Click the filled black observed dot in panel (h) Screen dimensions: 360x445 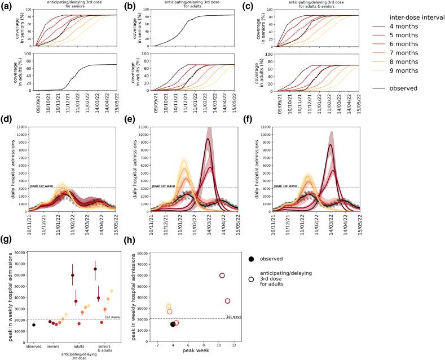[x=173, y=324]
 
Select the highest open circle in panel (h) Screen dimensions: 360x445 [x=222, y=275]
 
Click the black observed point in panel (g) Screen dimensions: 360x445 [x=34, y=325]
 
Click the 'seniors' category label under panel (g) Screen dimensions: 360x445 [x=54, y=346]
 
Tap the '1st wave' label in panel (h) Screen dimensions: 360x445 [x=233, y=317]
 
